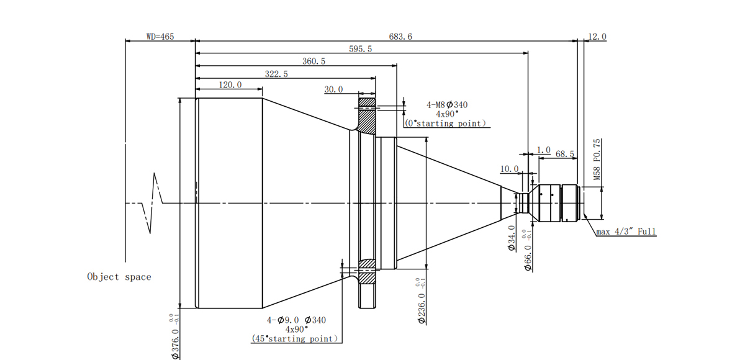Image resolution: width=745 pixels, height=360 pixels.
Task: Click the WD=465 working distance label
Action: pos(160,37)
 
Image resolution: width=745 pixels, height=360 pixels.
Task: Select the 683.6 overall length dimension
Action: pos(400,37)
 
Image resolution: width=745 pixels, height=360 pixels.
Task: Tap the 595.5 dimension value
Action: pos(360,49)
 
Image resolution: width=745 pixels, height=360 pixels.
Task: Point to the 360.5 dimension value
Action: pos(314,61)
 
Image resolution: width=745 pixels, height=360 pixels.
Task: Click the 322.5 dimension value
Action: pos(276,74)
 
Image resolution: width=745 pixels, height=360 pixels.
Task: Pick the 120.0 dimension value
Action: pos(230,85)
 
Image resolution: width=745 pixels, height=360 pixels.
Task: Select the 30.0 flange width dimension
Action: pos(333,89)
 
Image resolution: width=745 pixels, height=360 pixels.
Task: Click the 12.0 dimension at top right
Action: pos(597,37)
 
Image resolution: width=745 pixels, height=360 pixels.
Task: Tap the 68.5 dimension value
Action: pos(565,153)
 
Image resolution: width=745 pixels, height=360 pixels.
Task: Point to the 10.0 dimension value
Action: pos(509,169)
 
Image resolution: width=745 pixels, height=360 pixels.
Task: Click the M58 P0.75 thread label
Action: pos(597,160)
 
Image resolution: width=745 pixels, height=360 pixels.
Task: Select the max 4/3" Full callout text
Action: pos(626,232)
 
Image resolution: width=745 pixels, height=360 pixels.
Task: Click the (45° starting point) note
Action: pos(296,338)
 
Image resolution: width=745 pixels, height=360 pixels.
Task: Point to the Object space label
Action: pos(119,277)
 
